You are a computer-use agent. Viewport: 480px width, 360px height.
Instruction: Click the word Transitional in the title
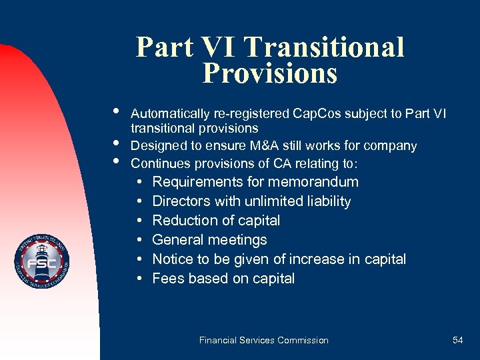[x=324, y=47]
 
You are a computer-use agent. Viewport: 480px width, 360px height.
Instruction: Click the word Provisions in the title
[x=269, y=73]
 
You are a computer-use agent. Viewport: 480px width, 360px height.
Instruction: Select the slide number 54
[x=457, y=340]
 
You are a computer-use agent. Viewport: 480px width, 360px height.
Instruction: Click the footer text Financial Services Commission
[x=263, y=340]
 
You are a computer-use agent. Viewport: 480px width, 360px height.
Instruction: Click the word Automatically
[x=170, y=113]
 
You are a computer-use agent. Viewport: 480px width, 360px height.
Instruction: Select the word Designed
[x=156, y=145]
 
